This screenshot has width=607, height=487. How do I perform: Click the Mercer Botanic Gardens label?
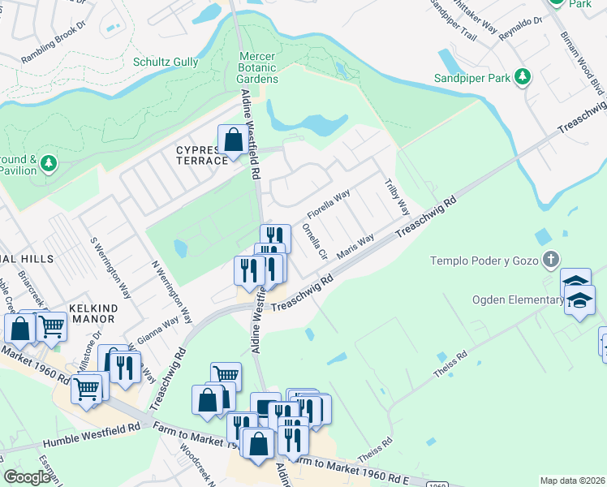[x=257, y=67]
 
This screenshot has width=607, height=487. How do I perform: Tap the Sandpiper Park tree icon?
[x=523, y=76]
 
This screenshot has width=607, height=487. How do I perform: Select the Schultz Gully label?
[x=166, y=62]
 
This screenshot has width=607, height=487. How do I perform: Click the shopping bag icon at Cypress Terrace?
[x=233, y=139]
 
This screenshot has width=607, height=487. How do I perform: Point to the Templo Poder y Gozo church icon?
[x=551, y=260]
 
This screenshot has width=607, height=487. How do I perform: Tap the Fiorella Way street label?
[x=328, y=206]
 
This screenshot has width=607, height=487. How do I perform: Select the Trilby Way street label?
[x=397, y=196]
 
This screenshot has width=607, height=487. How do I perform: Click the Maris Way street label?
[x=355, y=246]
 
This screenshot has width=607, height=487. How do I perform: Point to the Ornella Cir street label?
[x=313, y=240]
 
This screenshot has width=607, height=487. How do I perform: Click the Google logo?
[x=27, y=477]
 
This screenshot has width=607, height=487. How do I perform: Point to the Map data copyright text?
[x=571, y=481]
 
